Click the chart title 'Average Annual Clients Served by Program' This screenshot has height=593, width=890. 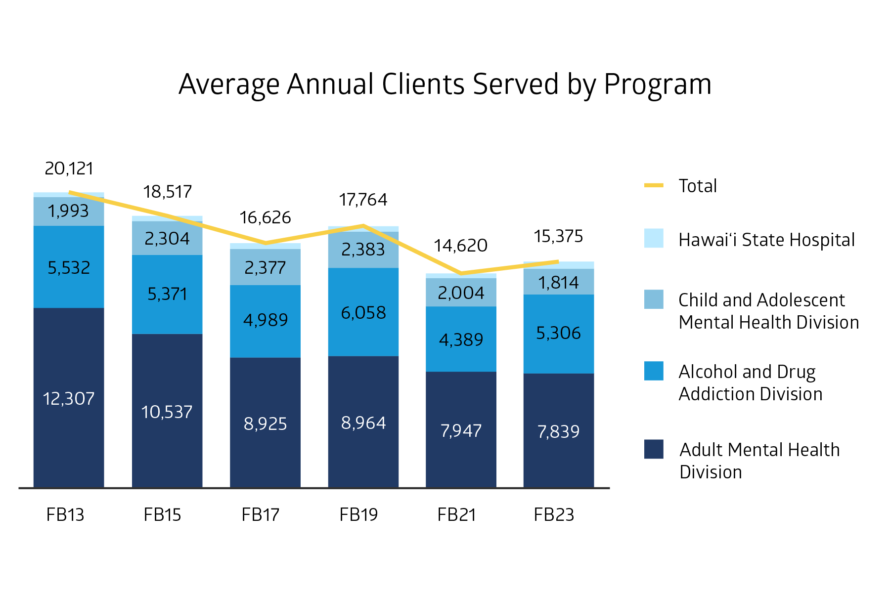[x=445, y=85]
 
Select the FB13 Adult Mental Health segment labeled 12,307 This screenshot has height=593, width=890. [x=69, y=398]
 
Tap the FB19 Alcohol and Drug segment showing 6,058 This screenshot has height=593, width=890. [x=363, y=312]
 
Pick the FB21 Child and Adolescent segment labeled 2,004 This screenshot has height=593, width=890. [x=461, y=293]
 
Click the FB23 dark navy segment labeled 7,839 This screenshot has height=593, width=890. [x=559, y=431]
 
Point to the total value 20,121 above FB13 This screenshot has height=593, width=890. [x=69, y=169]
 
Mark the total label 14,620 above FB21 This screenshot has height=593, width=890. [x=461, y=246]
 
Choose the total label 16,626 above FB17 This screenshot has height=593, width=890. [x=266, y=217]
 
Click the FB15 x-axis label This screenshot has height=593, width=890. [x=162, y=515]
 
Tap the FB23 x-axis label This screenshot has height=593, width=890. [x=554, y=515]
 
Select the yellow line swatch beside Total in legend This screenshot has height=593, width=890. [x=654, y=185]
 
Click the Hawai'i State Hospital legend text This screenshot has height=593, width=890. [x=766, y=240]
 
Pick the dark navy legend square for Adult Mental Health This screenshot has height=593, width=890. [x=654, y=449]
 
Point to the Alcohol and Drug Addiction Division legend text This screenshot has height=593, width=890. [x=751, y=383]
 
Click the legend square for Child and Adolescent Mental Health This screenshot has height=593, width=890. [x=654, y=299]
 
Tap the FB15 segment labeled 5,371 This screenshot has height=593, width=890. [x=167, y=295]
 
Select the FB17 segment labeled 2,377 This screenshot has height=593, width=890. [x=266, y=267]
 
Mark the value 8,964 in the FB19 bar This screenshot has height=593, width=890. [x=363, y=423]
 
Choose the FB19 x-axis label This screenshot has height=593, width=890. [x=358, y=515]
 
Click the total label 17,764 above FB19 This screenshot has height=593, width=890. [x=363, y=200]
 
